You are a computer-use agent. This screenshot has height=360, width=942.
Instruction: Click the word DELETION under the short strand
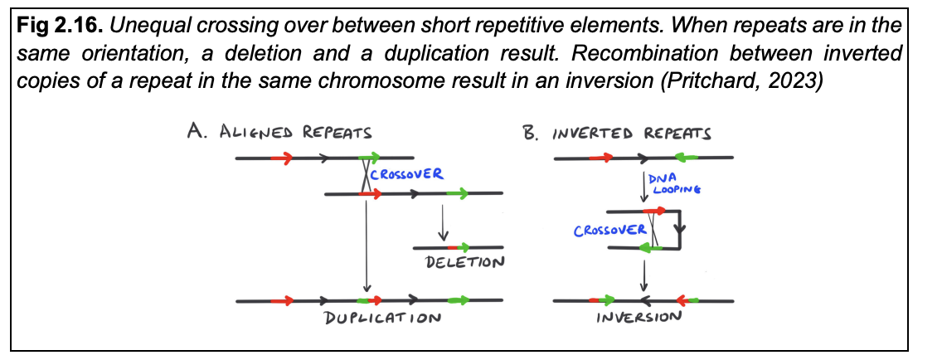tap(464, 263)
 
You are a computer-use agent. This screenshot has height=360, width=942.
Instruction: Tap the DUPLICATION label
tap(381, 318)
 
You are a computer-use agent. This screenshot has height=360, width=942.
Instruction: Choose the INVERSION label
tap(639, 317)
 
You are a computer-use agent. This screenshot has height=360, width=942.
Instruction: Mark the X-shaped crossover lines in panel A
tap(365, 175)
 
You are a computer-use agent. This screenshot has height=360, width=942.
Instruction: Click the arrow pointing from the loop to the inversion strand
tap(644, 275)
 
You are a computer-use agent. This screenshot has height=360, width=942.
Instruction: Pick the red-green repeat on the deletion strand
tap(457, 247)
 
